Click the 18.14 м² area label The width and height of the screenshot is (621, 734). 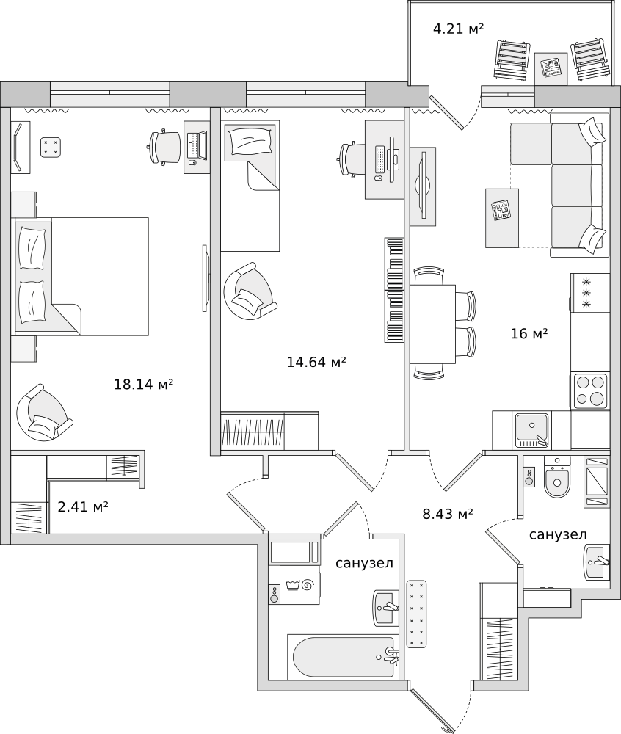(144, 385)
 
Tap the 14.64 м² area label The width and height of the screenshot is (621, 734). (316, 363)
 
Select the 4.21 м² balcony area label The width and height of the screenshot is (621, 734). (459, 29)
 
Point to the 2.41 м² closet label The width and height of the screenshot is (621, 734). (83, 507)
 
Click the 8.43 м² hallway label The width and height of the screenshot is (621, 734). (448, 515)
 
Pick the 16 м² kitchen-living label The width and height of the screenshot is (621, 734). (529, 334)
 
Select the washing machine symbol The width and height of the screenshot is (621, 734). (299, 585)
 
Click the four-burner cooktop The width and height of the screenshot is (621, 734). (589, 391)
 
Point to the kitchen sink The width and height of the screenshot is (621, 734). (532, 430)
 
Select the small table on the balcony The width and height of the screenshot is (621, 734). (551, 68)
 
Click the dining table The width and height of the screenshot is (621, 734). (433, 324)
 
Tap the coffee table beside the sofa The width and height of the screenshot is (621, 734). (502, 218)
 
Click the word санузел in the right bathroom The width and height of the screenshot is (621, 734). (558, 534)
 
